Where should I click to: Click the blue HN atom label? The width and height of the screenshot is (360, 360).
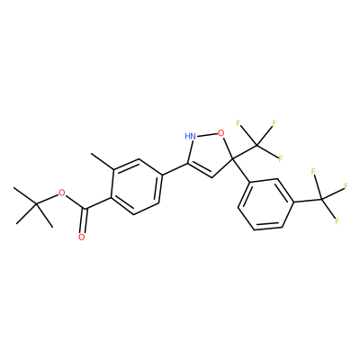click(x=191, y=136)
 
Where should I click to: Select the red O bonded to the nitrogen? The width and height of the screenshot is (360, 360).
click(x=221, y=132)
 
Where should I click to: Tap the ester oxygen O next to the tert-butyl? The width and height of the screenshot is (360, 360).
click(x=62, y=193)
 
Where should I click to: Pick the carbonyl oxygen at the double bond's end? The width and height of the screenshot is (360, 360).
click(x=81, y=238)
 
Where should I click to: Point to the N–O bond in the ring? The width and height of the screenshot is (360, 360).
click(x=207, y=134)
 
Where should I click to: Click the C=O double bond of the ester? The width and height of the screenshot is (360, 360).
click(x=84, y=220)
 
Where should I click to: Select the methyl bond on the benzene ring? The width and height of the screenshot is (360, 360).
click(x=103, y=162)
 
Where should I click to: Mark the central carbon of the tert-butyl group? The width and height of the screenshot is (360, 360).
click(x=36, y=204)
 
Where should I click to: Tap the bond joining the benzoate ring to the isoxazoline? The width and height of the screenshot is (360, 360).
click(x=175, y=169)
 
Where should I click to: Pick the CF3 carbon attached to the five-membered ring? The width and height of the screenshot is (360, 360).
click(x=257, y=145)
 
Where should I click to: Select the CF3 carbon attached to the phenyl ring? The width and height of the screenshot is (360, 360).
click(x=321, y=200)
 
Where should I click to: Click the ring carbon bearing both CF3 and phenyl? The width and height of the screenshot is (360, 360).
click(x=232, y=158)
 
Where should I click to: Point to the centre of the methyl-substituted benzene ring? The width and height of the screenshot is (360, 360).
click(x=137, y=186)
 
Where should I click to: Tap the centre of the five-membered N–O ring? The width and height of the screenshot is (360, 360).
click(x=209, y=153)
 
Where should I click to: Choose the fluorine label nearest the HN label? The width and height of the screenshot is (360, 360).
click(x=238, y=122)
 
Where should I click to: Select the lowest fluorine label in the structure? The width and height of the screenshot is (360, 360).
click(x=337, y=221)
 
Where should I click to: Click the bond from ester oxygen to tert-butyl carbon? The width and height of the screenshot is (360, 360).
click(x=48, y=199)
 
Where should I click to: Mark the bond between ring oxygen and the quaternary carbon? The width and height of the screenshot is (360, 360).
click(x=228, y=147)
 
